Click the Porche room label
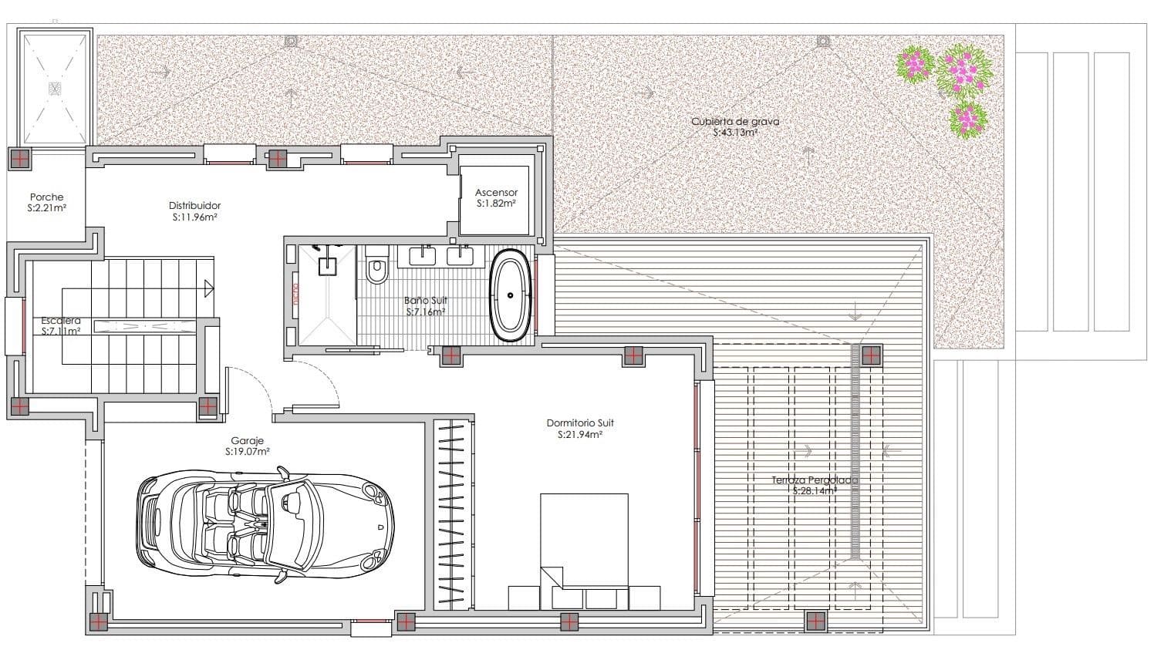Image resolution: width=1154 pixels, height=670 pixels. click(x=46, y=197)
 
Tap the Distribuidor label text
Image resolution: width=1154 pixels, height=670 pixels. click(x=194, y=206)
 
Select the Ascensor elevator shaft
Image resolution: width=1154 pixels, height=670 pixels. click(x=495, y=198)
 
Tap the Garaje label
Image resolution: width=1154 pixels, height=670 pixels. click(x=247, y=441)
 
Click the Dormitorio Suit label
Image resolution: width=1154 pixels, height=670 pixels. click(x=579, y=423)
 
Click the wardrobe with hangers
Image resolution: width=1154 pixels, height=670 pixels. click(x=452, y=513)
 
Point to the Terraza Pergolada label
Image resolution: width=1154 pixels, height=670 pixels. click(x=815, y=480)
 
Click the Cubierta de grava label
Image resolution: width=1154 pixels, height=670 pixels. click(x=734, y=122)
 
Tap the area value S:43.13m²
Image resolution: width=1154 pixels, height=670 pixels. click(x=734, y=133)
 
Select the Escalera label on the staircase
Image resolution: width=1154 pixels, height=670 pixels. click(x=61, y=321)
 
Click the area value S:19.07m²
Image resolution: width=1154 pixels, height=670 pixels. click(x=247, y=453)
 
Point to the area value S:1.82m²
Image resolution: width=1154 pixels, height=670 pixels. click(x=495, y=204)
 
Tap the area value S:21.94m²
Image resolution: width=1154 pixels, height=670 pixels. click(x=579, y=435)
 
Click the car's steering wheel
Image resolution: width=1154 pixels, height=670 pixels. click(x=294, y=500)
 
